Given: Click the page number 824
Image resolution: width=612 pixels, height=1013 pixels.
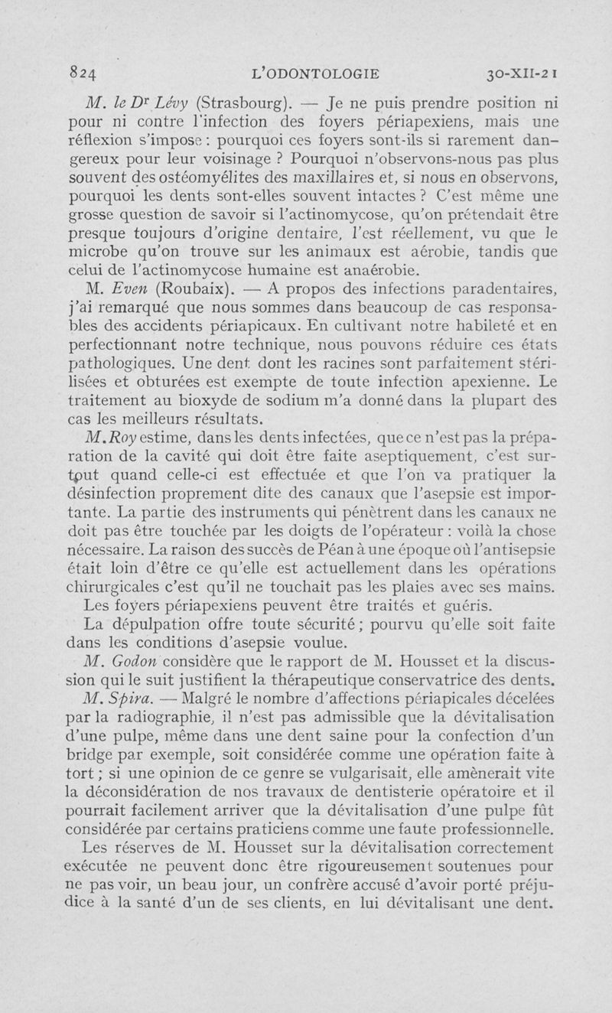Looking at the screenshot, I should tap(81, 74).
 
